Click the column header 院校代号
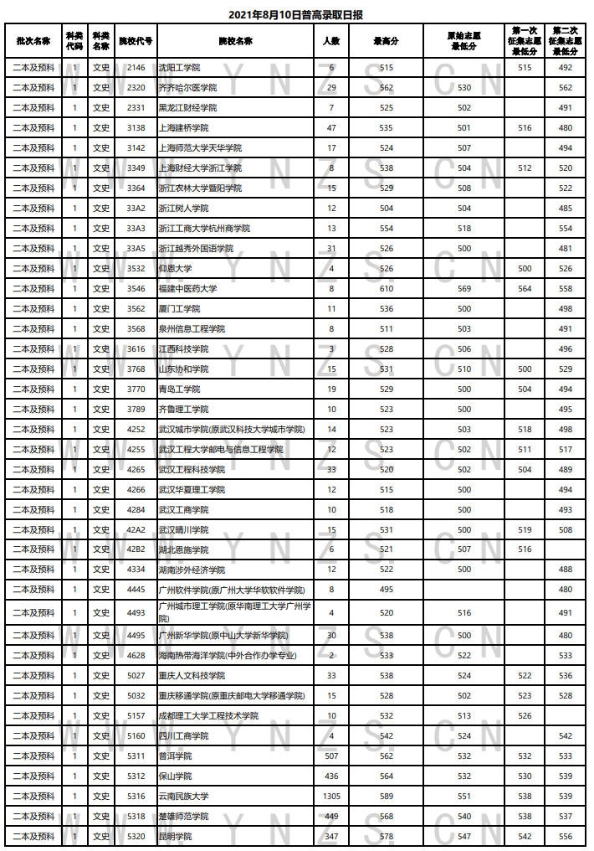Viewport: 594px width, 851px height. pos(136,40)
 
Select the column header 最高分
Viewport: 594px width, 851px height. pos(386,40)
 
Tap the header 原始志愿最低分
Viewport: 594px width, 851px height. pos(464,40)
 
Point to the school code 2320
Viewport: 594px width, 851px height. pos(136,88)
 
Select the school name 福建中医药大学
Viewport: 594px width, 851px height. pos(187,289)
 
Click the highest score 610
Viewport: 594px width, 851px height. pos(386,289)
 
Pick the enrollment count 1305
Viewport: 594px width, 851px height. pos(332,797)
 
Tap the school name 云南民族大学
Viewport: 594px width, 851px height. pos(185,797)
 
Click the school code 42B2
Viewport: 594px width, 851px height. pos(136,550)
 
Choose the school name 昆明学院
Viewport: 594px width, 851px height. pos(175,837)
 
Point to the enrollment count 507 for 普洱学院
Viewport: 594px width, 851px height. pos(332,756)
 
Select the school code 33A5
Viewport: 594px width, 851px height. pos(136,249)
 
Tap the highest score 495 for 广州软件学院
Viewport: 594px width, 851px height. pos(386,591)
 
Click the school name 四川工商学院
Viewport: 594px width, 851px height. pos(183,736)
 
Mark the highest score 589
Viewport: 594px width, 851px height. pos(386,797)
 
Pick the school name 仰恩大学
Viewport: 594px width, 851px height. pos(175,269)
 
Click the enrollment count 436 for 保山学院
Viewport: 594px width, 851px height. pos(332,776)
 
